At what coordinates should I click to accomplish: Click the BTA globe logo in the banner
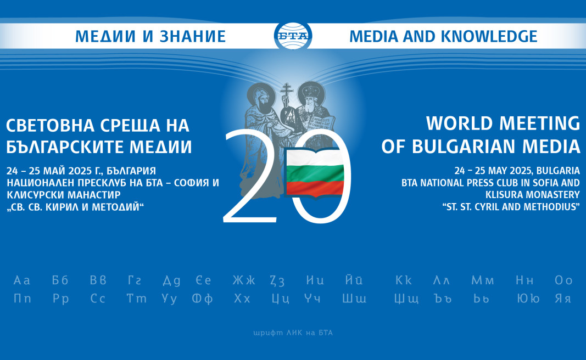293,36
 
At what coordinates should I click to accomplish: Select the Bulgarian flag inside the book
315,172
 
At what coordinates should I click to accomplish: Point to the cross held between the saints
287,95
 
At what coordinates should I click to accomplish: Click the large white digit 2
250,176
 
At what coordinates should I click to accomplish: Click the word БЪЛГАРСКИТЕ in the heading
65,147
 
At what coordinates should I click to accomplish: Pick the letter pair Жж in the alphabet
244,280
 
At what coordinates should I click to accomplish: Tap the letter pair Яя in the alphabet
563,299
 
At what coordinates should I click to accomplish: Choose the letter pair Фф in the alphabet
202,299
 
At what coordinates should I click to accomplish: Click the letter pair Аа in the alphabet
22,280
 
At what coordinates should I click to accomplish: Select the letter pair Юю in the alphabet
528,299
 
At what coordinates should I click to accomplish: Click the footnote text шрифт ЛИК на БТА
293,333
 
